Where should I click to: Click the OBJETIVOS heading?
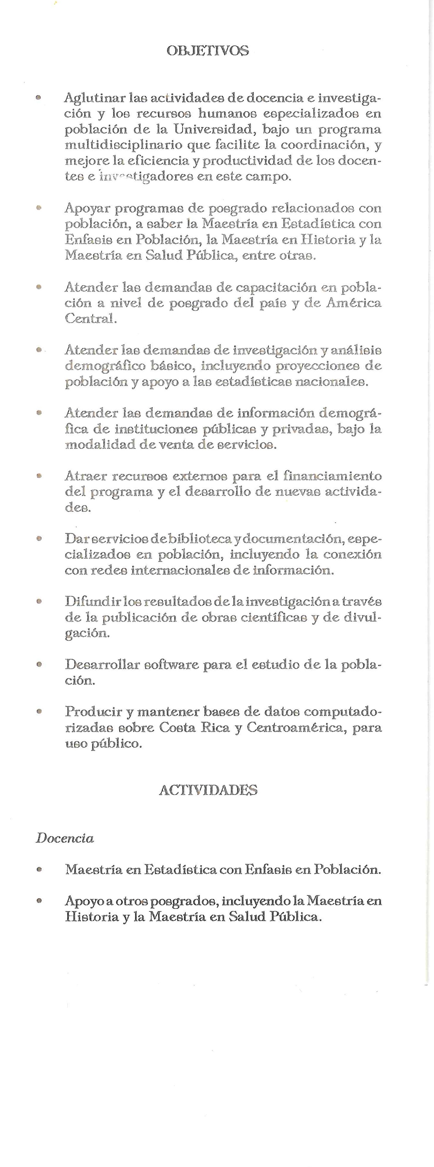pos(208,50)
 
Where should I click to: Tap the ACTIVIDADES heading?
pos(208,790)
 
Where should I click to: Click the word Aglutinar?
pos(95,98)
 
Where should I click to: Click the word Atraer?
pos(86,476)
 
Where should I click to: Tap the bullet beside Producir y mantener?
pos(40,712)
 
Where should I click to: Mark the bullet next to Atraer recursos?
pos(40,476)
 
